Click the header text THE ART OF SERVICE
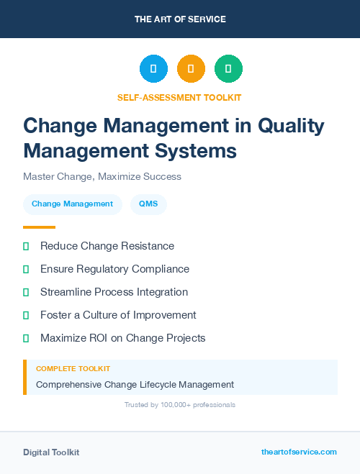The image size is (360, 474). pos(180,19)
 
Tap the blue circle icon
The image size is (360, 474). pos(153,69)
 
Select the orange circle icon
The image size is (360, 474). pos(191,69)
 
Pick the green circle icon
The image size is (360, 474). pos(228,69)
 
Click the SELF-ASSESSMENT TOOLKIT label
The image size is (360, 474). pos(180,97)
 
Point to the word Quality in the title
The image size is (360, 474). pos(290,126)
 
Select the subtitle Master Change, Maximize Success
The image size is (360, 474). pos(102,176)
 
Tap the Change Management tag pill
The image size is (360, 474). pos(72,204)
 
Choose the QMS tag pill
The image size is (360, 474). pos(148,204)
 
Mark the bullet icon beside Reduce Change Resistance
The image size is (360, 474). pos(26,246)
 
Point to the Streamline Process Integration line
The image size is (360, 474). pos(114,292)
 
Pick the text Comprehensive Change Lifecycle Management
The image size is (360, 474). pos(135,385)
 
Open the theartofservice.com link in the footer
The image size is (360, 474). pos(299,452)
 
